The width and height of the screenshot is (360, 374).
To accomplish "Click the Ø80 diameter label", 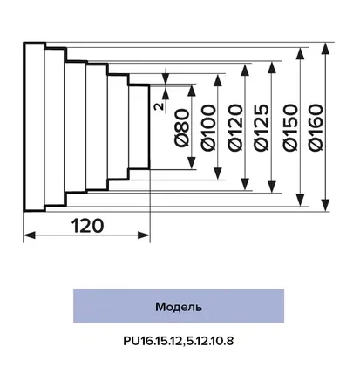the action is (182, 128).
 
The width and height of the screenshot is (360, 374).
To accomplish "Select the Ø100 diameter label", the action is (208, 127).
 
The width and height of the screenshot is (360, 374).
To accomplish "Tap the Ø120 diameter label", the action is (234, 128).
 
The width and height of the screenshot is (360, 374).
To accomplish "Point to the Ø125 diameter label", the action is (261, 127).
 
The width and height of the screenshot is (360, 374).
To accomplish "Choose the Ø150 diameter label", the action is (290, 127).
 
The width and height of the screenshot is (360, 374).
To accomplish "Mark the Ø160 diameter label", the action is (316, 127).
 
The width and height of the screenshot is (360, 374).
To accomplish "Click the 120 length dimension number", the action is (87, 226).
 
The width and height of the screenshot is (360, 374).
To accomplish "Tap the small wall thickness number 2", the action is (159, 106).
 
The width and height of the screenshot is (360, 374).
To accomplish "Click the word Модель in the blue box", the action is (179, 307).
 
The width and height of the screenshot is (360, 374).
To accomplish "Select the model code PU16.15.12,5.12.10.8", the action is (178, 341).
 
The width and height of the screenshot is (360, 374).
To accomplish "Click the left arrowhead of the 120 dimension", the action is (29, 235).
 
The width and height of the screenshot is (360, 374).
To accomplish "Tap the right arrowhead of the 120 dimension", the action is (144, 235).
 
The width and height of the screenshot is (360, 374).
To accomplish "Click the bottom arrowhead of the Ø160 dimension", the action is (326, 205).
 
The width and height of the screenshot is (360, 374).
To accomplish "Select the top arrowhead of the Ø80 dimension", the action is (192, 91).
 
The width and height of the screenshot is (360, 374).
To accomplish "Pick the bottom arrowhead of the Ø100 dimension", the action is (218, 173).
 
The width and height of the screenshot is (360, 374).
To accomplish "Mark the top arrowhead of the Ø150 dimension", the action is (301, 54).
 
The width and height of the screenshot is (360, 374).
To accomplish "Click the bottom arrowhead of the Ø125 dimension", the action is (272, 187).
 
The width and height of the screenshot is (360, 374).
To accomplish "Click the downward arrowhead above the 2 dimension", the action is (166, 78).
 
